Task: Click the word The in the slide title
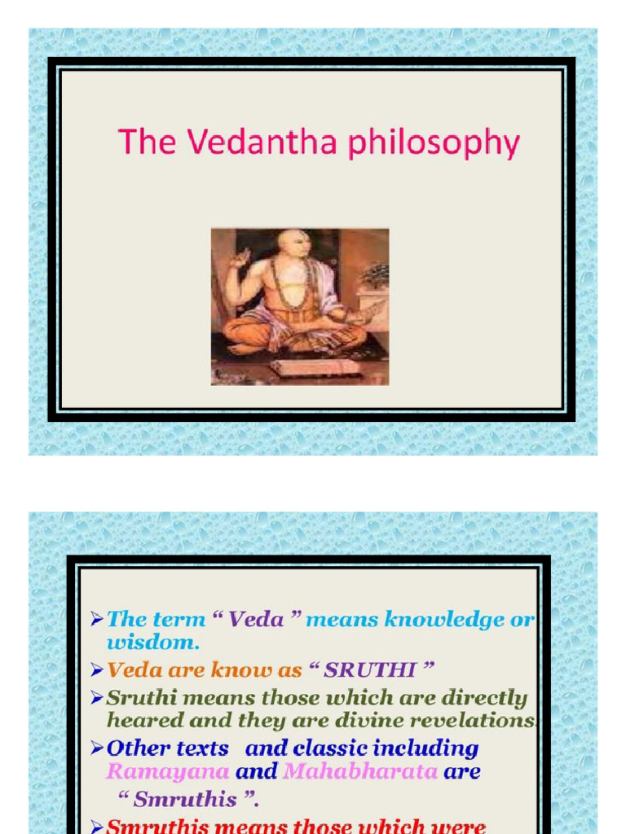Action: [148, 143]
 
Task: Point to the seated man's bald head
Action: [293, 242]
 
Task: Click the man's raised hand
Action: [240, 260]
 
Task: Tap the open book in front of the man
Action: [315, 367]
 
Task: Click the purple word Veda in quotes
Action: [256, 620]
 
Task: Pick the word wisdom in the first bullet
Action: [152, 642]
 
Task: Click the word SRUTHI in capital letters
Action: [369, 670]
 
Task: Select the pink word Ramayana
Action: [168, 771]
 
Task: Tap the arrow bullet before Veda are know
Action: [96, 670]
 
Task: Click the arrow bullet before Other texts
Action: [96, 748]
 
